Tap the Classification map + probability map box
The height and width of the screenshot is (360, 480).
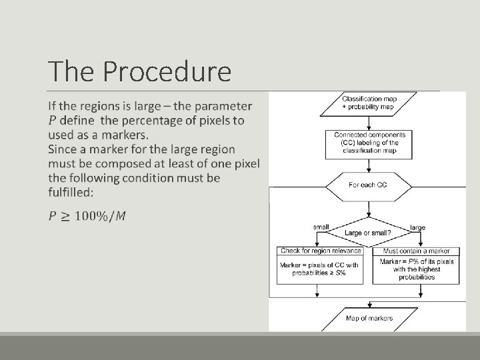coord(368,104)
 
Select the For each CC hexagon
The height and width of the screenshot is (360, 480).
coord(367,185)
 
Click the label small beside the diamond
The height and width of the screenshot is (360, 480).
coord(321,227)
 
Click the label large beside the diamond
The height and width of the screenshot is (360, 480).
coord(417,227)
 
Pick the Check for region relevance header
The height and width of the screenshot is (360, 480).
coord(321,251)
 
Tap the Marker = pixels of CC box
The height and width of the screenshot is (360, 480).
coord(321,269)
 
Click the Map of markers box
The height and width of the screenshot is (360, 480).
coord(368,318)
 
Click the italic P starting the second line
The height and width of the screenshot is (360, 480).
coord(53,121)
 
